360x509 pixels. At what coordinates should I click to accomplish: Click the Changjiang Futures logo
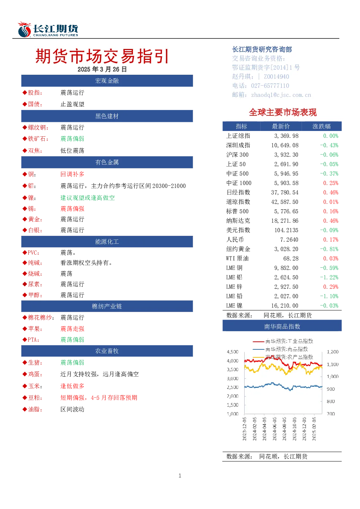point(48,29)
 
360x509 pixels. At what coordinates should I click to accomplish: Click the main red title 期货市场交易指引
point(102,56)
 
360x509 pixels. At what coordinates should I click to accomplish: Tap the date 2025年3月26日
point(102,69)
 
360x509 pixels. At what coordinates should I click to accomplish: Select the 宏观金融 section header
point(107,81)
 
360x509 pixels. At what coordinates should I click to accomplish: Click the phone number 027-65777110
point(270,86)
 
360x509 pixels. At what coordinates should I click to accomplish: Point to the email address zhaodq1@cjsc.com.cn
point(281,95)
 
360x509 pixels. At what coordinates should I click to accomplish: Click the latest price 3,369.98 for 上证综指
point(286,136)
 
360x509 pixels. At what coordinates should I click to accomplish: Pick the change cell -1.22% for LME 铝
point(329,277)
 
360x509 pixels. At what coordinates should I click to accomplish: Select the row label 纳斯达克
point(238,221)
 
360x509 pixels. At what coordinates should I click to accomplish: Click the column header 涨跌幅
point(322,126)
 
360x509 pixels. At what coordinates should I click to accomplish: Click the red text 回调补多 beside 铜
point(72,174)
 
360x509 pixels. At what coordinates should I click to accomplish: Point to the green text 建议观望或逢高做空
point(87,198)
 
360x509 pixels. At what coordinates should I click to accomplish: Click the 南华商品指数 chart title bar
point(282,326)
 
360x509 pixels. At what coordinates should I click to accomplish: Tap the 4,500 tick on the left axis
point(233,352)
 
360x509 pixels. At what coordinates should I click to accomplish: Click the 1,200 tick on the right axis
point(332,352)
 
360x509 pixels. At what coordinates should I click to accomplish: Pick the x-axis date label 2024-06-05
point(274,428)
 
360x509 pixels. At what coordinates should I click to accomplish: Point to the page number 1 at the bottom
point(180,476)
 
